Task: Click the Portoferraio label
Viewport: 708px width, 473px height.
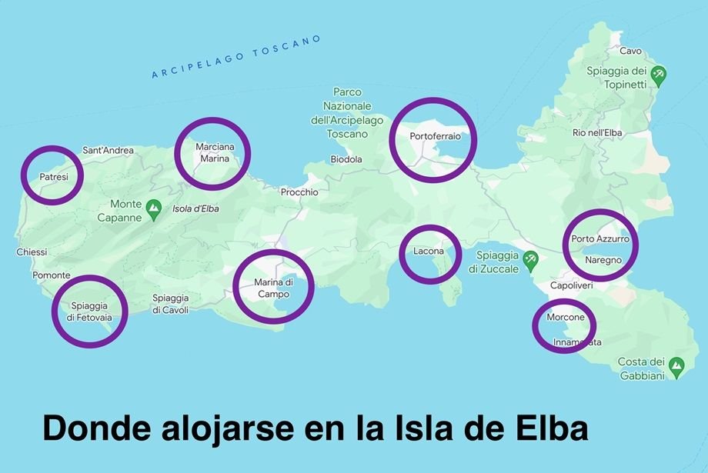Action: pos(435,136)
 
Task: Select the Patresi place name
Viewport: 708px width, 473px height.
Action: pos(54,177)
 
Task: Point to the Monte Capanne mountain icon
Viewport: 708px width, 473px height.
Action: pos(154,207)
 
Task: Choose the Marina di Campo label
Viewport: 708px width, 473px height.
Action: pos(273,288)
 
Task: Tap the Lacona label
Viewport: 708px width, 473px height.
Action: pos(429,251)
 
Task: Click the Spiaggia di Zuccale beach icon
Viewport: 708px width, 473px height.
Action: pos(529,259)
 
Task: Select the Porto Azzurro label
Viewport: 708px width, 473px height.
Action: pos(600,239)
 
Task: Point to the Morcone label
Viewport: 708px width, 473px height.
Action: pos(566,318)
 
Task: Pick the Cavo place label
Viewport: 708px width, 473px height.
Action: pos(630,51)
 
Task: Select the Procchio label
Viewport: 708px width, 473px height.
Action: pos(299,192)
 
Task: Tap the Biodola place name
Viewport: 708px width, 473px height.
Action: pos(346,160)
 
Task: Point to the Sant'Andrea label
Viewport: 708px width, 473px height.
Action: pos(108,150)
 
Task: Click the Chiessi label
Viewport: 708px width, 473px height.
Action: pos(32,252)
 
